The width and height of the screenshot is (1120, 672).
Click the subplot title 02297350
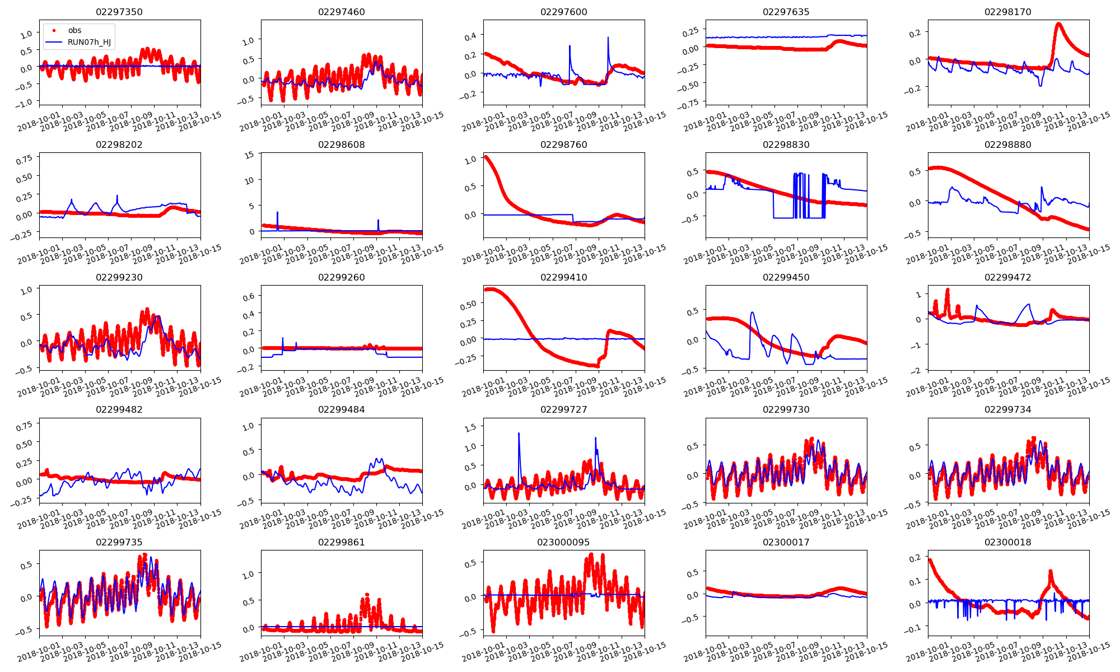click(119, 12)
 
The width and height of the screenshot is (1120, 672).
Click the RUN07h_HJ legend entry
click(88, 42)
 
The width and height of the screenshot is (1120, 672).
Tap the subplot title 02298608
click(341, 144)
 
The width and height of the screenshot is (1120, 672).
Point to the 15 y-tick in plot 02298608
click(250, 155)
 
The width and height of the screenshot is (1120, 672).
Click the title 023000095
click(563, 542)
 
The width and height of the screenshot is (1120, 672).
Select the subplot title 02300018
click(1008, 542)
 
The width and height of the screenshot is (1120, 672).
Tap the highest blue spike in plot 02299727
click(519, 433)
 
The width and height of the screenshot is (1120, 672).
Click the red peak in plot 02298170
click(1058, 24)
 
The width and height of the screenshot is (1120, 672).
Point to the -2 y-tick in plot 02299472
click(917, 371)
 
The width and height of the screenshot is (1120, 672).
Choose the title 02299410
click(563, 277)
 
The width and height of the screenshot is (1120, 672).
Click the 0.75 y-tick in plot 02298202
click(24, 160)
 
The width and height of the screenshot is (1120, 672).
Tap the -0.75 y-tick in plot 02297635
click(690, 103)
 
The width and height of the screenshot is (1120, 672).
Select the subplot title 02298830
click(786, 144)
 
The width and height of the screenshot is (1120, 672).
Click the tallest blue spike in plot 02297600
click(608, 38)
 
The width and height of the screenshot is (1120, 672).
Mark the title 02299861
click(341, 542)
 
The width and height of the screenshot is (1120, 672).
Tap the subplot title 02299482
click(119, 409)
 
